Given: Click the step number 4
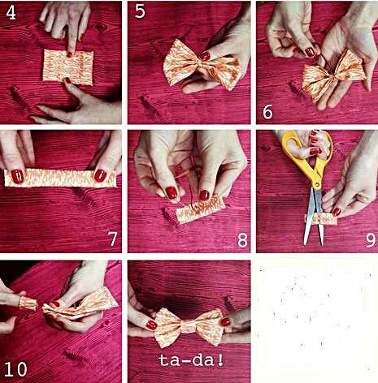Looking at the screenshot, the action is (11, 13).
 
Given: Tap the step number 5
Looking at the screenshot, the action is (140, 11).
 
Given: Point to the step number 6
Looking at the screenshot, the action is (267, 112).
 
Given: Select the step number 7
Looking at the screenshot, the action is (112, 239).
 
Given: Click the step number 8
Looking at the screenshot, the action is (242, 239).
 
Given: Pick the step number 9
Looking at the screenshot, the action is (371, 239).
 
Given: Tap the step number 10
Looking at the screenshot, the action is (15, 369).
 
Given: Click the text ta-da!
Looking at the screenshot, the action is (191, 360).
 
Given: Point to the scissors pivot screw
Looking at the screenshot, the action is (317, 185).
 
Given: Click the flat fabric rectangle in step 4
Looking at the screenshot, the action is (68, 67).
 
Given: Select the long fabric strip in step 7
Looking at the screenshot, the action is (60, 178).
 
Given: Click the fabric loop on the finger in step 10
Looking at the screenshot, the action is (28, 303).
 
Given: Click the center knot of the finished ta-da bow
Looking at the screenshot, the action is (188, 326).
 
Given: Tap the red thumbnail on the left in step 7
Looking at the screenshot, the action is (17, 176).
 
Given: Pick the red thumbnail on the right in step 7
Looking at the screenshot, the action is (100, 175).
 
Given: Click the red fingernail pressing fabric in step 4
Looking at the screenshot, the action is (70, 54).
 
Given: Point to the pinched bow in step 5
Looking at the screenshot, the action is (202, 65).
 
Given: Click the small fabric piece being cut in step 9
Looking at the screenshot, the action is (323, 219).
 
